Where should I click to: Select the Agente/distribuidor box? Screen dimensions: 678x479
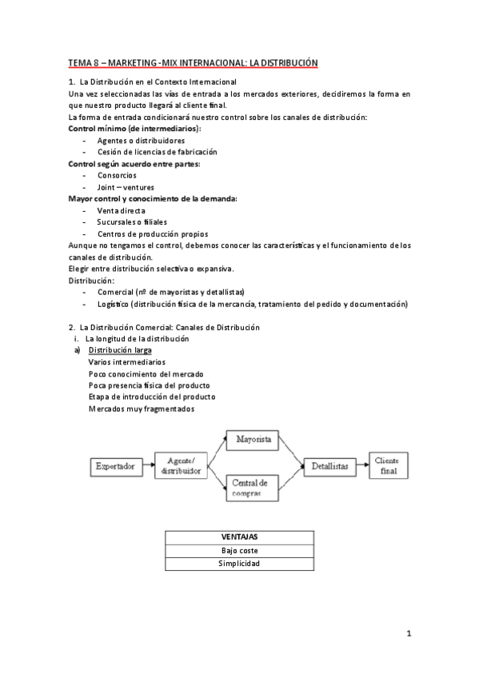coord(182,465)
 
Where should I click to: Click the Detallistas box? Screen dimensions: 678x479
coord(329,465)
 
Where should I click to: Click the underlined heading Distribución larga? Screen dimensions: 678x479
coord(120,350)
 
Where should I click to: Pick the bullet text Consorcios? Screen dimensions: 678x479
coord(117,175)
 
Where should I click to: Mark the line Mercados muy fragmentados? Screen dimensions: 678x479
coord(142,409)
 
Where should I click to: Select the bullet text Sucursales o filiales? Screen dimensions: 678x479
coord(133,221)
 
